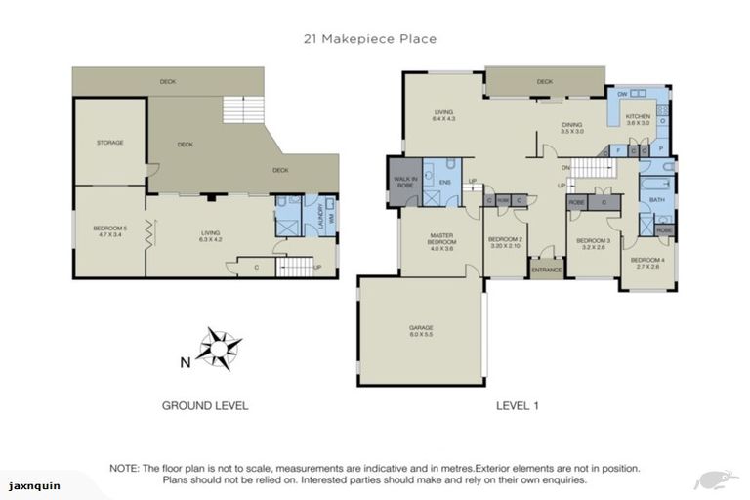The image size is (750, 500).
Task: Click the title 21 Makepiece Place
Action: click(x=375, y=39)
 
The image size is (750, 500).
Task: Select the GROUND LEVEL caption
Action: click(x=205, y=404)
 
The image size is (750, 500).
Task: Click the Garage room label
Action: click(x=421, y=331)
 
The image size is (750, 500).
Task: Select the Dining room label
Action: click(x=572, y=127)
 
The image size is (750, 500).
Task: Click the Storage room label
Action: click(x=109, y=143)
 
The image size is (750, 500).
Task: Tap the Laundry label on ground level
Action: click(x=318, y=214)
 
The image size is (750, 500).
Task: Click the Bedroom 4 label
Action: click(x=646, y=263)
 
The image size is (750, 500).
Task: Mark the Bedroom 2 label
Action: click(x=506, y=242)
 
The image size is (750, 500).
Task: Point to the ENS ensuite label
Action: click(x=444, y=183)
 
